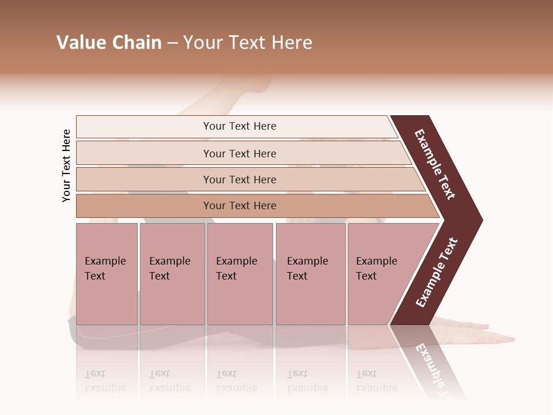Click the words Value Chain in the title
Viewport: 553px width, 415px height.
point(109,43)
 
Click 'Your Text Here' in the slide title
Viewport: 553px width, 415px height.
point(248,43)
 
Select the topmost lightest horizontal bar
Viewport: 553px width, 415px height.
point(144,127)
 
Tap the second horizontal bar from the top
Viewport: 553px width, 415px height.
point(144,153)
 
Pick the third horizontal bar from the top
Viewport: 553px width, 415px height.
point(144,179)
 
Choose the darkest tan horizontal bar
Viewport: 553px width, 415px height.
point(144,206)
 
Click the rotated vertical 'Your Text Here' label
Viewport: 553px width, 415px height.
point(66,165)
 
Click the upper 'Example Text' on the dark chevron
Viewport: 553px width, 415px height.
point(435,164)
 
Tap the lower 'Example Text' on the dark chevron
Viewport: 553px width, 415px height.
point(437,272)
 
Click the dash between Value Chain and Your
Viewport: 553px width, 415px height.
point(172,44)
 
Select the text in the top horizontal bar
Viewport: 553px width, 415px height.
point(240,126)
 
